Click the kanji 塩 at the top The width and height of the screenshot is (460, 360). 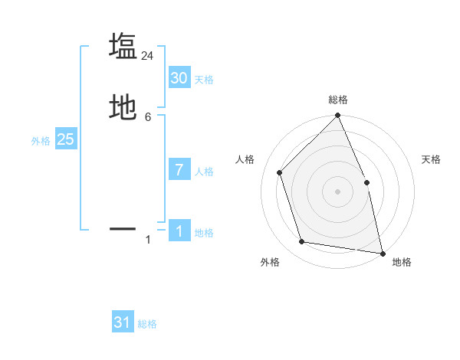coord(123,46)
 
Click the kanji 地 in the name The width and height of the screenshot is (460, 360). coord(123,107)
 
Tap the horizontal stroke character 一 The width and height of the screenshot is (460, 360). coord(123,228)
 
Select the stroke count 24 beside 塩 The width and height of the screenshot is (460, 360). coord(148,56)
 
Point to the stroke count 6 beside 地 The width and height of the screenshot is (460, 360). coord(148,117)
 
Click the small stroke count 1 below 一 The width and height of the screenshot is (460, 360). coord(148,240)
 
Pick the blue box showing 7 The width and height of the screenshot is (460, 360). coord(179,169)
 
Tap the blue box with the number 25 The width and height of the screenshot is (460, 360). coord(66,139)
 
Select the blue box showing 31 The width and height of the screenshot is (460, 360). coord(123,322)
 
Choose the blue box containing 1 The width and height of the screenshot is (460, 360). coord(179,231)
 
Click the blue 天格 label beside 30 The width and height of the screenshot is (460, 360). coord(204,80)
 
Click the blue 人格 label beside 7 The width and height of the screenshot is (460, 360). coord(204,172)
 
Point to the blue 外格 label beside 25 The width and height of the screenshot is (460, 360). coord(41,141)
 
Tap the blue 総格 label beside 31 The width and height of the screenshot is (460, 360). coord(147,325)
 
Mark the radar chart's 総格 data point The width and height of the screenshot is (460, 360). coord(337,116)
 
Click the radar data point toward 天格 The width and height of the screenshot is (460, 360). coord(366,182)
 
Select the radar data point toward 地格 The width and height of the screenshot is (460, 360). coord(382,253)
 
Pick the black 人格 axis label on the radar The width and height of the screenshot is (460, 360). coord(245,159)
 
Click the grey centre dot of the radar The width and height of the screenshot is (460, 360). coord(337,191)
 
